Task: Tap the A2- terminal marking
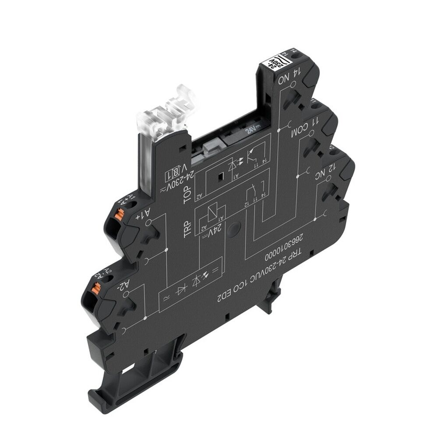point(124,286)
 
